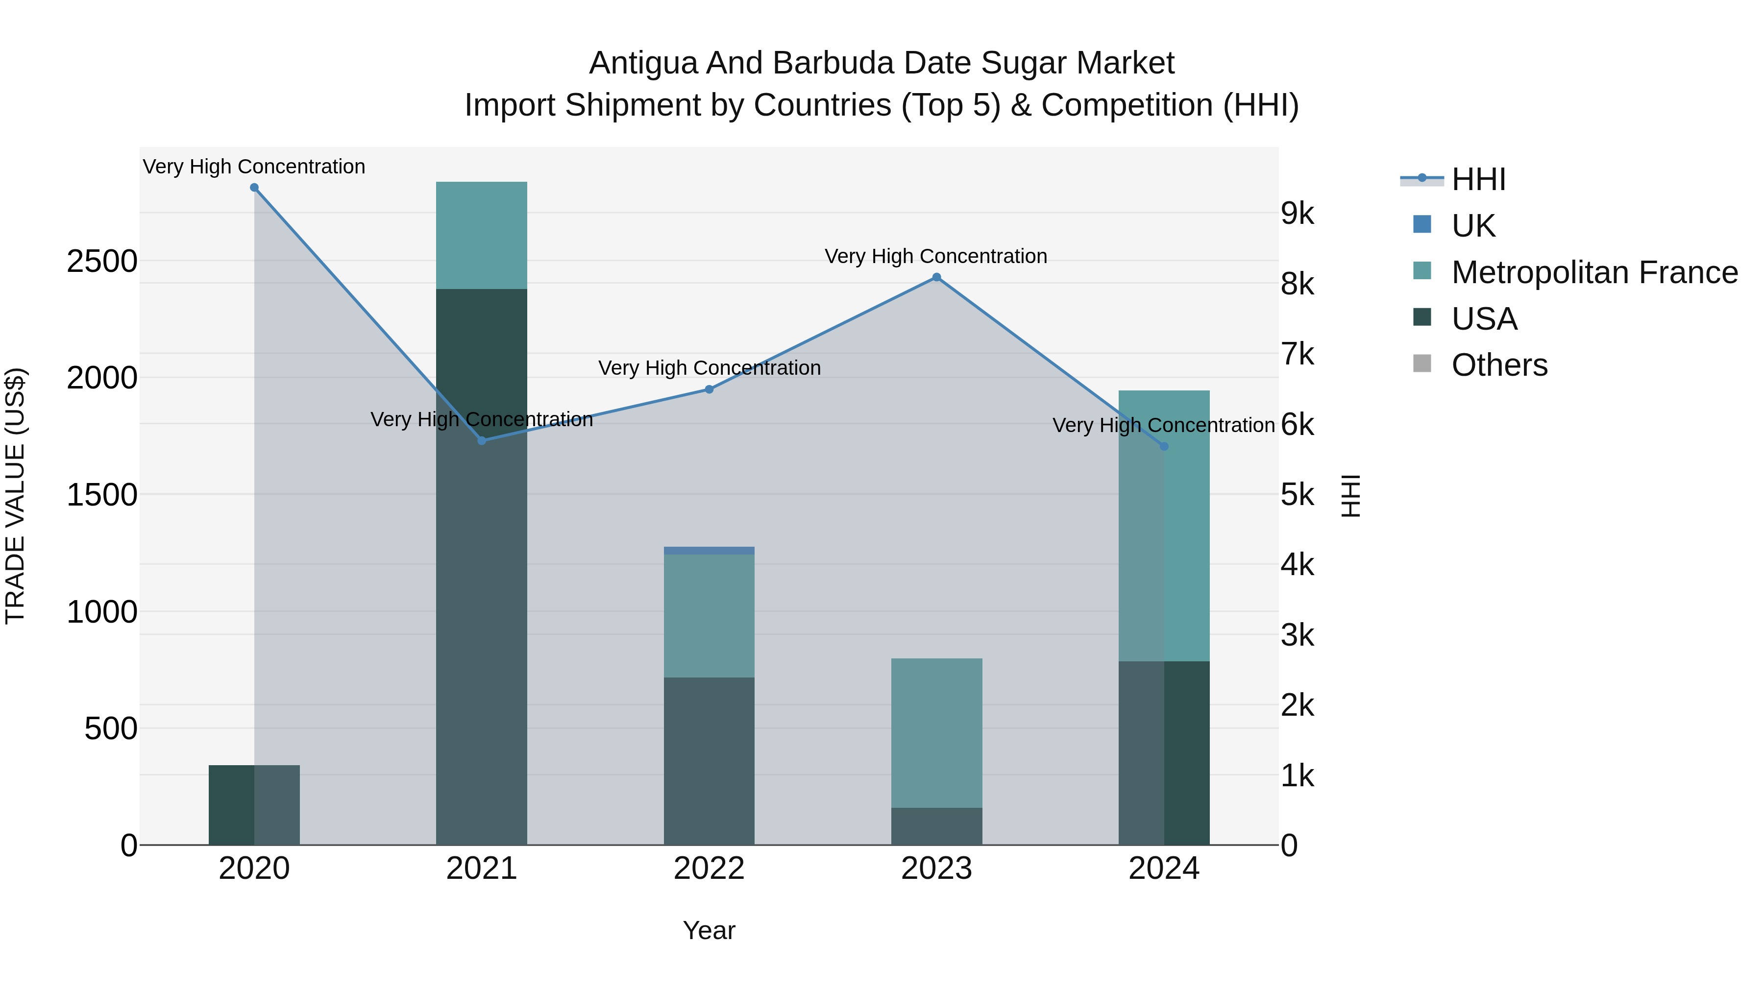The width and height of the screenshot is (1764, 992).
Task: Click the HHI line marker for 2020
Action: tap(254, 188)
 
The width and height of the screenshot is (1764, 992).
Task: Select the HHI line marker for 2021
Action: tap(481, 441)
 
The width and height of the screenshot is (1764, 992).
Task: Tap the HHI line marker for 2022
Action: tap(710, 389)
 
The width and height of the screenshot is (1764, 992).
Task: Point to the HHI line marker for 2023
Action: tap(936, 277)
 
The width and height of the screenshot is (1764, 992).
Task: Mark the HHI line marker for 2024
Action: tap(1164, 446)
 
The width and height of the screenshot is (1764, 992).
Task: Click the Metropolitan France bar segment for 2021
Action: tap(481, 236)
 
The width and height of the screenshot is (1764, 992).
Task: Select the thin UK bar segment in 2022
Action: tap(710, 551)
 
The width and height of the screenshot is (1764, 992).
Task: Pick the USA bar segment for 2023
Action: tap(936, 826)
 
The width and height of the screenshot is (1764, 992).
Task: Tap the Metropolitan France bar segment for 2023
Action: tap(936, 732)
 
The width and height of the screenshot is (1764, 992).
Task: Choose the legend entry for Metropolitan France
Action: tap(1594, 272)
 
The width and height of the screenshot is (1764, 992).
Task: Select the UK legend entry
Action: tap(1473, 226)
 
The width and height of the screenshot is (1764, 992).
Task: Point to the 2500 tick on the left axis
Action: tap(101, 262)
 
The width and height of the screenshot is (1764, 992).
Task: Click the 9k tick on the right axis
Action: tap(1297, 214)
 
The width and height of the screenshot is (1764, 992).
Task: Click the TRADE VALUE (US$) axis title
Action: tap(15, 496)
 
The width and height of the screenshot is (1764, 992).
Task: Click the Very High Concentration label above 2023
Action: tap(935, 256)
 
